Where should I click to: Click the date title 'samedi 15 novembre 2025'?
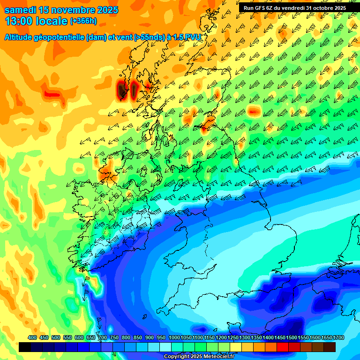[61, 10]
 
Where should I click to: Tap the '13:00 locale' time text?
[35, 21]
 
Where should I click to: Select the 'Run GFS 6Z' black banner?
[295, 7]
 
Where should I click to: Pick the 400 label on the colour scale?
[32, 337]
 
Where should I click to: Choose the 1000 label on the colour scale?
[174, 337]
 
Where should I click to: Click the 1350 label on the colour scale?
[256, 337]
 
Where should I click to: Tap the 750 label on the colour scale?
[114, 337]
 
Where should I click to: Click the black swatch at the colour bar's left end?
[25, 347]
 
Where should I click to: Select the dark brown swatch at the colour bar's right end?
[330, 347]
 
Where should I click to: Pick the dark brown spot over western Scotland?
[122, 89]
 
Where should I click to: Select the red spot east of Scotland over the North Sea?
[254, 111]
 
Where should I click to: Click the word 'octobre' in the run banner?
[319, 7]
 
